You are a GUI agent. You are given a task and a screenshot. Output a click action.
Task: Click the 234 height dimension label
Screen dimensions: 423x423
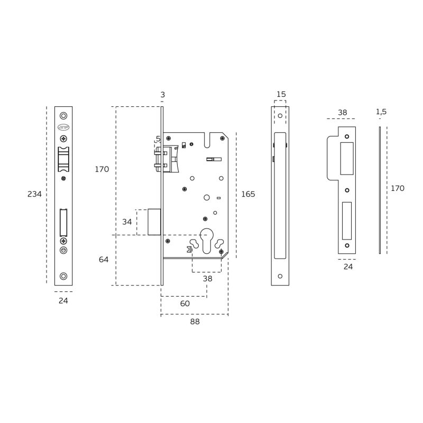[34, 194]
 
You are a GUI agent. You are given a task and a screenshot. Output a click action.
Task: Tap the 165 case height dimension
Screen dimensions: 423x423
[248, 194]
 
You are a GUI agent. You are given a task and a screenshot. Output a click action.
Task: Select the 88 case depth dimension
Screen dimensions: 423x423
[195, 321]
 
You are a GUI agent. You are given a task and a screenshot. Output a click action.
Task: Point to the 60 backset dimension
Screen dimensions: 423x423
[185, 304]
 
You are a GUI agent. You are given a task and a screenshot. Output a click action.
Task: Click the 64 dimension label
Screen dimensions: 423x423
[104, 260]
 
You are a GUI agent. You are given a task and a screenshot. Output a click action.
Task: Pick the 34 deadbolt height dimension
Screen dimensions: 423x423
[127, 222]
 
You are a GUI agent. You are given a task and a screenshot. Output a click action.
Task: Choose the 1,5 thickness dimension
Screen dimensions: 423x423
[381, 112]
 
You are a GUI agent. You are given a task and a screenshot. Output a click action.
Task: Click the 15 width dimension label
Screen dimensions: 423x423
[281, 94]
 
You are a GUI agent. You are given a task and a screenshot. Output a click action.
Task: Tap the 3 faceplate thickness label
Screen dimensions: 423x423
[162, 95]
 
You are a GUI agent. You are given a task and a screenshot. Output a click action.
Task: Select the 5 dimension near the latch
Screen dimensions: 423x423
[158, 139]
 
